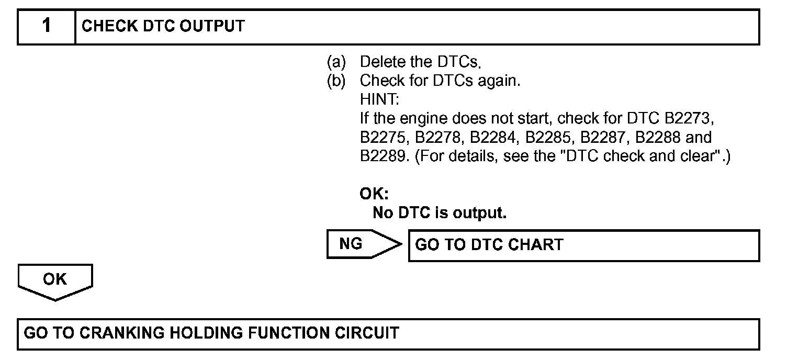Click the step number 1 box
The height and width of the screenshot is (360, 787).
point(47,26)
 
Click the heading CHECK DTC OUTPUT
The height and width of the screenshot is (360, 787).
point(163,26)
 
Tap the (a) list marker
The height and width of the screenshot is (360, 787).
point(336,62)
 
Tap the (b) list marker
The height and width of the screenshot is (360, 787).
point(336,81)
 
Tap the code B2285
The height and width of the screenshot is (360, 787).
point(549,138)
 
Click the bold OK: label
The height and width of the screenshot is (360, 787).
point(374,194)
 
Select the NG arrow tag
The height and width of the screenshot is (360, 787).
point(361,244)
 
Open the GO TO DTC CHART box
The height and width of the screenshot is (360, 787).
point(583,245)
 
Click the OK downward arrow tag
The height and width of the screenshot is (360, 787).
point(55,281)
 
